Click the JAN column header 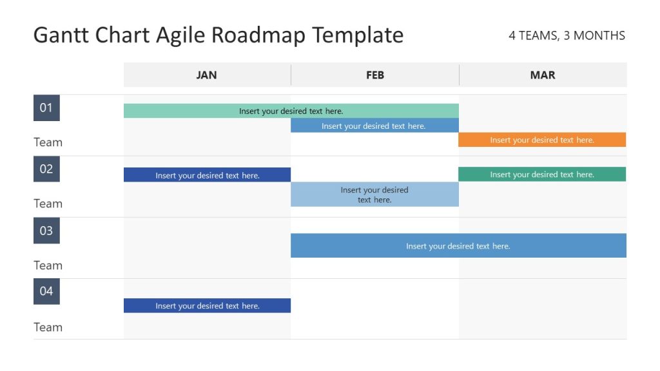pyautogui.click(x=206, y=75)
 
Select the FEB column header pyautogui.click(x=374, y=75)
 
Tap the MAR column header pyautogui.click(x=542, y=75)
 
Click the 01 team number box pyautogui.click(x=46, y=108)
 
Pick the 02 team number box pyautogui.click(x=46, y=169)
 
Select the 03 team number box pyautogui.click(x=46, y=231)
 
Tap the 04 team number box pyautogui.click(x=46, y=291)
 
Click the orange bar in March pyautogui.click(x=541, y=140)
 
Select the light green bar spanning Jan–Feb pyautogui.click(x=291, y=111)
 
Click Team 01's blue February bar pyautogui.click(x=374, y=126)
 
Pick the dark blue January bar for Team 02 pyautogui.click(x=207, y=175)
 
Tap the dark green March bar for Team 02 pyautogui.click(x=541, y=174)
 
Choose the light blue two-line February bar pyautogui.click(x=374, y=195)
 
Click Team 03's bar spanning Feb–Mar pyautogui.click(x=458, y=245)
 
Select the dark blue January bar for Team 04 pyautogui.click(x=207, y=305)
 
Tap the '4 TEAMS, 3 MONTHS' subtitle pyautogui.click(x=567, y=35)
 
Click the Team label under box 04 pyautogui.click(x=48, y=327)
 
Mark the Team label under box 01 pyautogui.click(x=48, y=142)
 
